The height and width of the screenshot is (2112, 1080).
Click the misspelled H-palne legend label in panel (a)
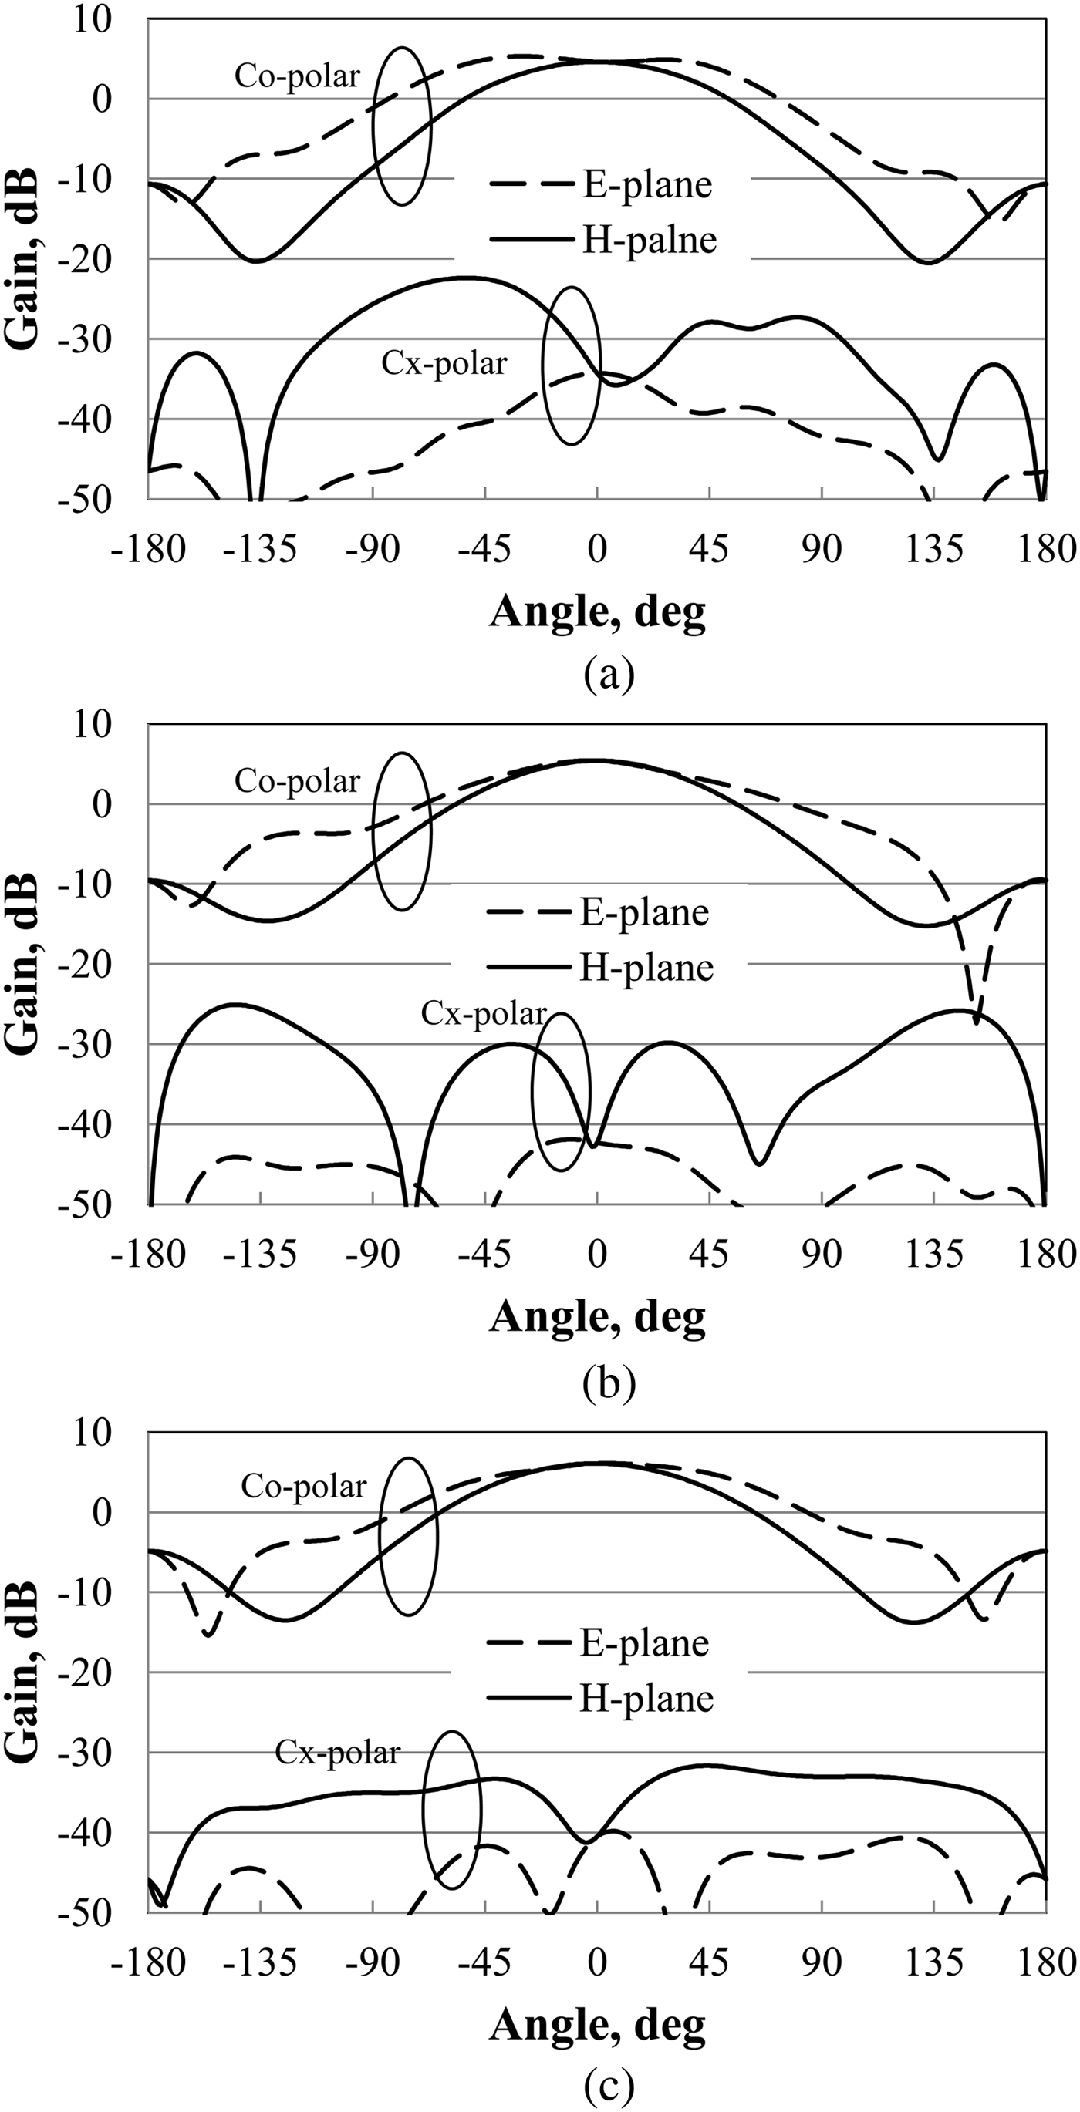(x=649, y=241)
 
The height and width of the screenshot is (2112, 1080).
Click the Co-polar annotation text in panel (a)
(x=297, y=76)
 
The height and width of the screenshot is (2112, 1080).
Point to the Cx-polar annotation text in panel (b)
(x=483, y=1013)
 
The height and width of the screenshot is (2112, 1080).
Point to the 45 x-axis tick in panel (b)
(x=708, y=1255)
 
